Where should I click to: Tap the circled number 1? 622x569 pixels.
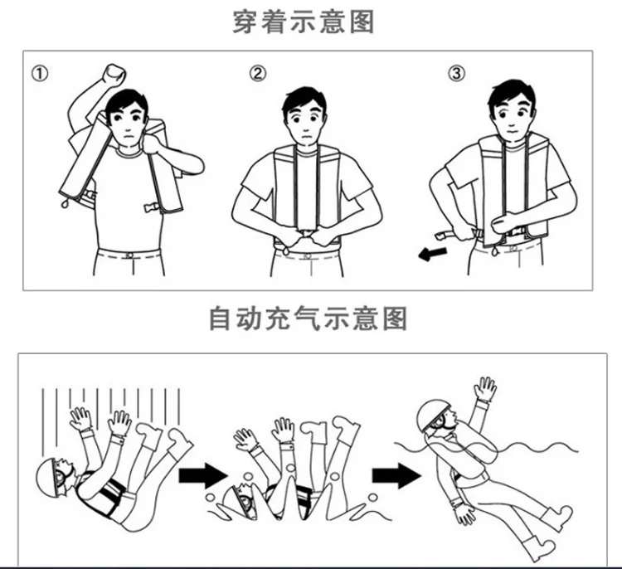pos(39,73)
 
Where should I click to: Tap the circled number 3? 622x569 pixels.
pos(456,73)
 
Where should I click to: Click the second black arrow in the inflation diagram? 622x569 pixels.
pos(393,475)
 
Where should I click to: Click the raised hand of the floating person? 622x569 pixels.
pos(486,389)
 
